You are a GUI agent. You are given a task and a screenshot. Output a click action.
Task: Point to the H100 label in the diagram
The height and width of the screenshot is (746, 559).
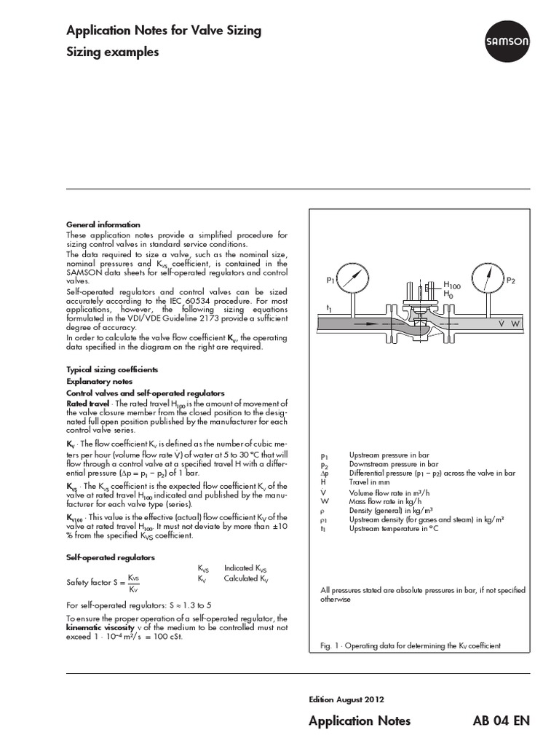coord(452,286)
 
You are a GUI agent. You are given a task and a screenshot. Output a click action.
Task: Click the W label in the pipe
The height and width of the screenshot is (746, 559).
coord(516,322)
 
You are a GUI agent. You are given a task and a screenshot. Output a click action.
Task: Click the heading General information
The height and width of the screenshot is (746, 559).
coord(103,224)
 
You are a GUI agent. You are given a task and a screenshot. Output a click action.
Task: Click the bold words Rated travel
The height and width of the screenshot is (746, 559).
coord(88,403)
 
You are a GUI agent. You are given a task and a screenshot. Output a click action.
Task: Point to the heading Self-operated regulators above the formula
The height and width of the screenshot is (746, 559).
coord(111,557)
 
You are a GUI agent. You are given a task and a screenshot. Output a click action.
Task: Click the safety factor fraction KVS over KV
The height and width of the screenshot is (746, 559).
coord(133,584)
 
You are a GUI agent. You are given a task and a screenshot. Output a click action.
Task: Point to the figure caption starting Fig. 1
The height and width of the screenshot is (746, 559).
coord(411,646)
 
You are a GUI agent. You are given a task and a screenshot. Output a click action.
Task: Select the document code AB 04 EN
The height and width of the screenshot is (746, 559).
coord(501,721)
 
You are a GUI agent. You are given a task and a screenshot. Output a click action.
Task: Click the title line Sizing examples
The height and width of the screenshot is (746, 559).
coord(112,52)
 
